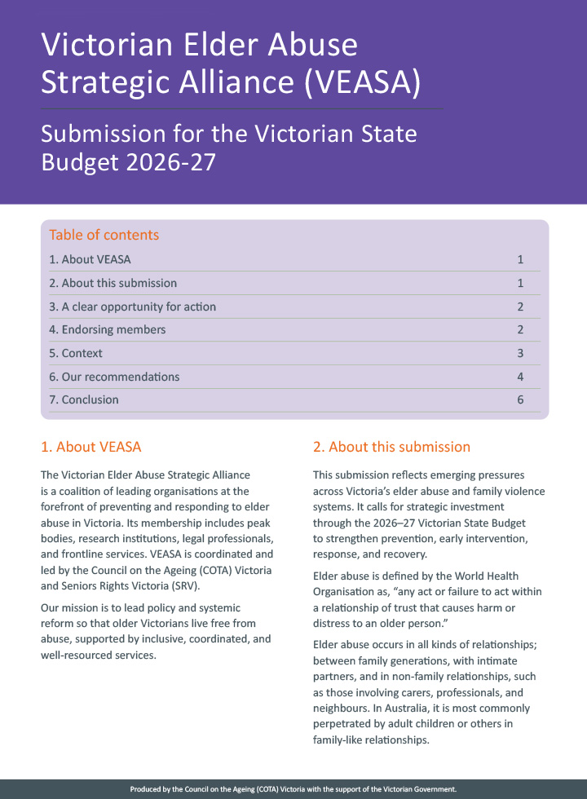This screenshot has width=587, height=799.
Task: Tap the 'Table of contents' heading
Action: (x=104, y=235)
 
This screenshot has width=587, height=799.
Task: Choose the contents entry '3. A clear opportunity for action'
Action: (x=132, y=307)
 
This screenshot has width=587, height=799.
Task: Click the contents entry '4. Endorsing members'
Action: (x=107, y=329)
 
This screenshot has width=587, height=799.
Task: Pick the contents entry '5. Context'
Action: (x=76, y=353)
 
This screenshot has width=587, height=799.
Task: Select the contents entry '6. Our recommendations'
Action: (x=114, y=377)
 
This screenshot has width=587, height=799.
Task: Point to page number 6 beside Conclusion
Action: (x=519, y=399)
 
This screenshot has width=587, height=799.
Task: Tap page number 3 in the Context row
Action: (x=519, y=353)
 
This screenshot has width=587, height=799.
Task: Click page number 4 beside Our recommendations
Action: (x=519, y=377)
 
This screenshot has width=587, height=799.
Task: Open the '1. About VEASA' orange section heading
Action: (x=91, y=447)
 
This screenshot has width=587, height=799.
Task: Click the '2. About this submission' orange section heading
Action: (x=391, y=447)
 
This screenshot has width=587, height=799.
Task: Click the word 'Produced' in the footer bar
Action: (x=148, y=789)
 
